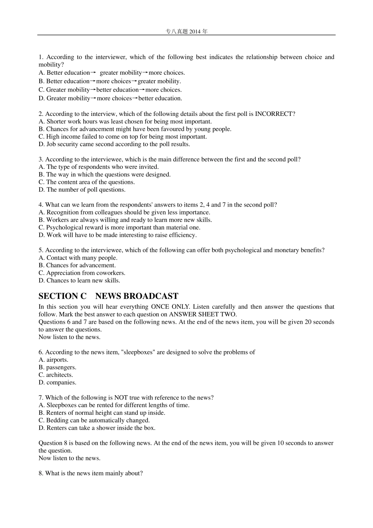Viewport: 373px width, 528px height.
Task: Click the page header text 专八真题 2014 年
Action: [x=186, y=31]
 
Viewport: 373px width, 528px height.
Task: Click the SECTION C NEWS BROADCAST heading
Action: [x=108, y=296]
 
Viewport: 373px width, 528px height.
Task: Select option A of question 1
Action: [x=112, y=73]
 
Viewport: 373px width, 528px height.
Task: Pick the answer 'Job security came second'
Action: [x=114, y=144]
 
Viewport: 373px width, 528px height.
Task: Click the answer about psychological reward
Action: [x=119, y=227]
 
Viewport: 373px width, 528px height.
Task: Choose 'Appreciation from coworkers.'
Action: [x=82, y=273]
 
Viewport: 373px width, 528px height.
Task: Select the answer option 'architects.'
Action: [x=55, y=375]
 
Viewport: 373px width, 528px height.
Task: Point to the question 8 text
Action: [x=90, y=473]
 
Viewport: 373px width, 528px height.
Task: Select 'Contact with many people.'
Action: [x=78, y=258]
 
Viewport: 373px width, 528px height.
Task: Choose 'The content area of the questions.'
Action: [x=86, y=182]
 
